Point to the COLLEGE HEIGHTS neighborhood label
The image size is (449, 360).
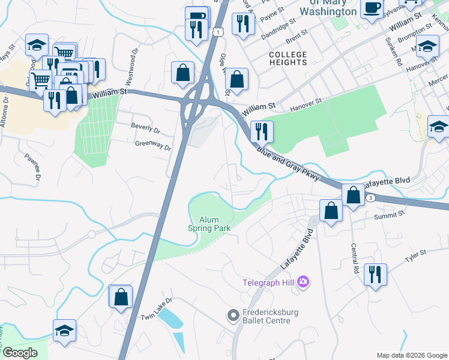click(288, 59)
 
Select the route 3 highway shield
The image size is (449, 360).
click(372, 197)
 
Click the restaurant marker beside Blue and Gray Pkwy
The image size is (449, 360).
click(261, 131)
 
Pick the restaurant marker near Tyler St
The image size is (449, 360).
click(375, 274)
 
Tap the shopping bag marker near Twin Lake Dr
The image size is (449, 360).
click(121, 296)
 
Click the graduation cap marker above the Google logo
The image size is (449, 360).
click(64, 331)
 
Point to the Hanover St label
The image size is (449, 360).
click(306, 104)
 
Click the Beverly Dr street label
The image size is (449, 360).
click(145, 129)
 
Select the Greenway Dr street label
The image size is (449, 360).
click(153, 145)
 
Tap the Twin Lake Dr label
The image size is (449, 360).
click(156, 316)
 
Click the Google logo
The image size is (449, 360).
click(19, 352)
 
